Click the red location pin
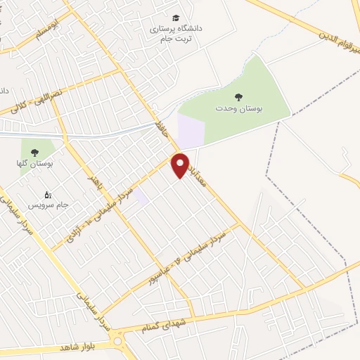click(181, 165)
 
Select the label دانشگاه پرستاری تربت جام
click(175, 33)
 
